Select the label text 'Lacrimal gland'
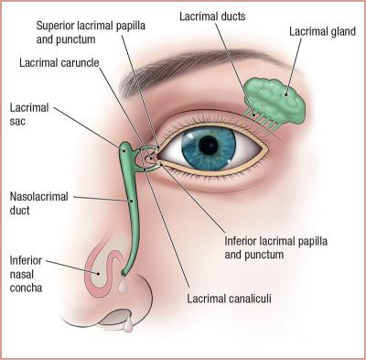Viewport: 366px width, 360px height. pyautogui.click(x=322, y=32)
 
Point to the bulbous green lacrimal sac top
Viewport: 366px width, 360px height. pyautogui.click(x=126, y=147)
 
